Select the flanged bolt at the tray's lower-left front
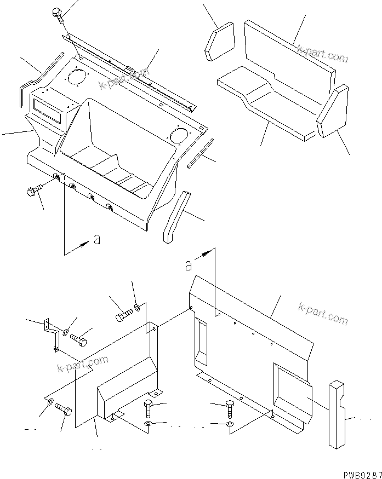33,192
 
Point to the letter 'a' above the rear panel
189,265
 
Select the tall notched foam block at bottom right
338,414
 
